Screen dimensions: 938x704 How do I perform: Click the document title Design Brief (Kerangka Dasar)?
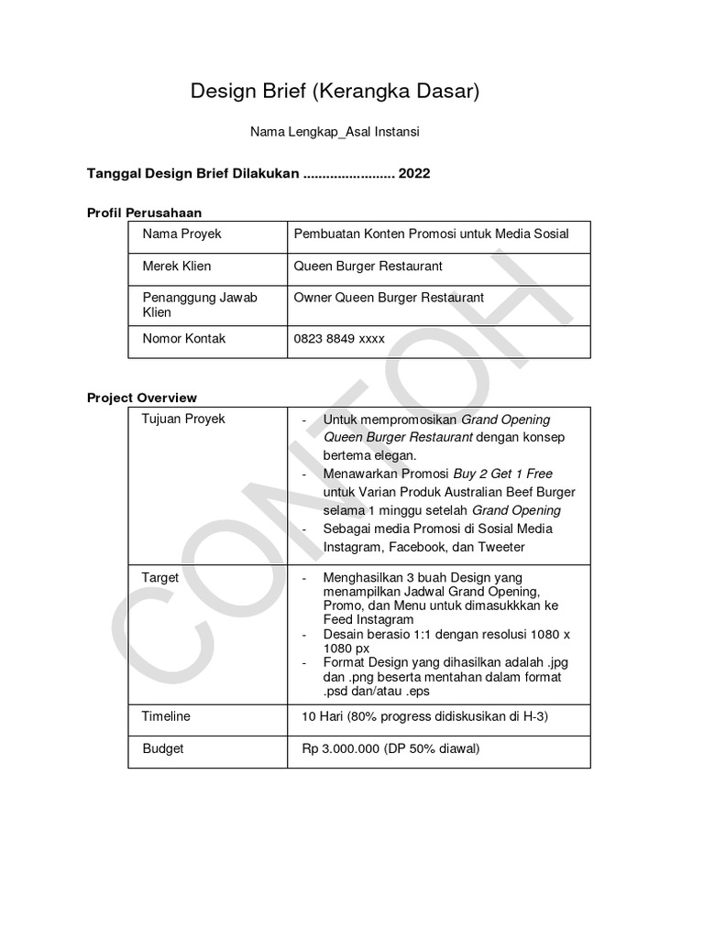pos(335,91)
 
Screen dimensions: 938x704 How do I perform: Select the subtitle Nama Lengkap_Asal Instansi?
pos(335,133)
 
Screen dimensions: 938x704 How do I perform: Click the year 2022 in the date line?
pos(413,173)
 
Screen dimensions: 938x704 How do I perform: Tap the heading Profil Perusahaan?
pos(144,213)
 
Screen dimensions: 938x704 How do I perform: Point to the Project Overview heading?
pos(141,398)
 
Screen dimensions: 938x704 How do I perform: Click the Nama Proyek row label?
pos(181,234)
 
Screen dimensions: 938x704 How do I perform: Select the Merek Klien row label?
pos(176,266)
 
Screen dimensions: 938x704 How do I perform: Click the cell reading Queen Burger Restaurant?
pos(368,266)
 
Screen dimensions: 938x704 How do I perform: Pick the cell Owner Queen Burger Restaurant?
pos(389,297)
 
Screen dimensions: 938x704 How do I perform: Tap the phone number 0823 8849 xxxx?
pos(339,338)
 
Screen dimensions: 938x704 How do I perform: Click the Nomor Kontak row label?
pos(184,338)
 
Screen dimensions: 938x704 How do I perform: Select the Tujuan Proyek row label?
pos(183,419)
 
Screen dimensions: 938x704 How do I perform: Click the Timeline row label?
pos(166,715)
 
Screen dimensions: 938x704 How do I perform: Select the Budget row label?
pos(163,748)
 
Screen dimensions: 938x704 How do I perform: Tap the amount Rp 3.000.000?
pos(341,748)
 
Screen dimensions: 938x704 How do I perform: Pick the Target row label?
pos(160,578)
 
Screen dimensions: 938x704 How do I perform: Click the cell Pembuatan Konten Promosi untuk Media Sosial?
pos(431,234)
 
